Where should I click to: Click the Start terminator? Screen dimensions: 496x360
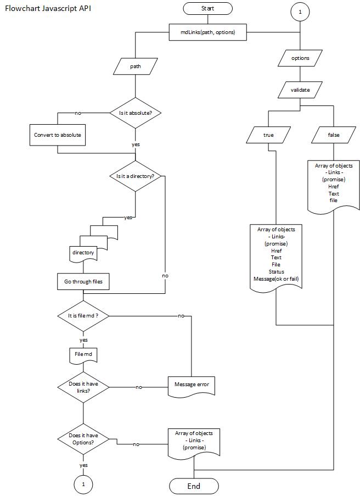pos(207,8)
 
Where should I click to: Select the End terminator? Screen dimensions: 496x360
pos(194,486)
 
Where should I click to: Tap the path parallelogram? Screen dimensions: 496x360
pos(136,66)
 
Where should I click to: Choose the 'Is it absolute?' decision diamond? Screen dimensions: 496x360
pos(136,113)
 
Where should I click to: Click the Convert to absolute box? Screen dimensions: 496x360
pos(57,135)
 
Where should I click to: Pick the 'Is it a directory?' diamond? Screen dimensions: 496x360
pos(136,176)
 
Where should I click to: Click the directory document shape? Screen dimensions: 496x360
pos(83,253)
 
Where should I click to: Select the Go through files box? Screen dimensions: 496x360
pos(83,282)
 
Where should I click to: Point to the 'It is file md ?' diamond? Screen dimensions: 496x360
pos(83,316)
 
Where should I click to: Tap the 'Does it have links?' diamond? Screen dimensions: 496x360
pos(83,387)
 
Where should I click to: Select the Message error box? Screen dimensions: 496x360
pos(191,384)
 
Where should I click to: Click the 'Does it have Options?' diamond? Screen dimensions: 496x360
pos(83,439)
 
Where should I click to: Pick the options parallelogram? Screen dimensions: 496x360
pos(300,58)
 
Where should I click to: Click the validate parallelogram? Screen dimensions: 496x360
pos(300,90)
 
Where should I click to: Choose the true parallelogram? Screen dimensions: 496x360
pos(268,135)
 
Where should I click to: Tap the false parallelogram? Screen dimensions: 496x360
pos(333,135)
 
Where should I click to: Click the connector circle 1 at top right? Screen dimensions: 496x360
pos(300,12)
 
